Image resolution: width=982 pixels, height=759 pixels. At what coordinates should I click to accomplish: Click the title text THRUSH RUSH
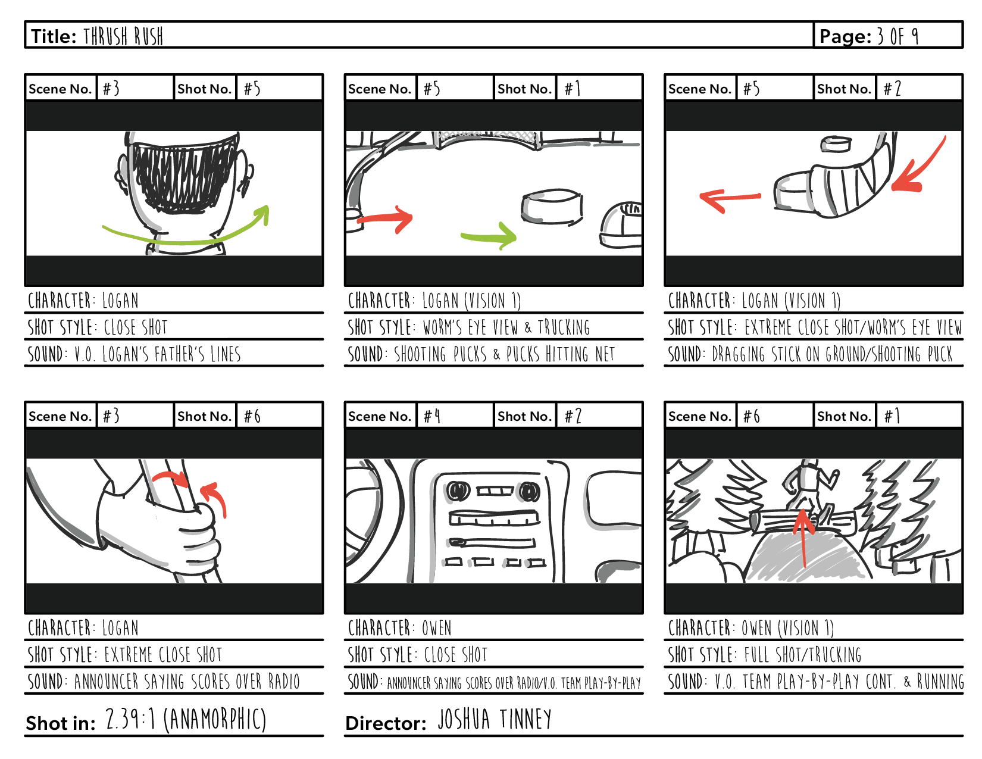123,36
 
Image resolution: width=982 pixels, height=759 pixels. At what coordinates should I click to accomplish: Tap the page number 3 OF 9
897,36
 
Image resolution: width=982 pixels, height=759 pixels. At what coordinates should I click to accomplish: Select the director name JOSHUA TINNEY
494,720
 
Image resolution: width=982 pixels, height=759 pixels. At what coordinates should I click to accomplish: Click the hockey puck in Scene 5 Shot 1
552,207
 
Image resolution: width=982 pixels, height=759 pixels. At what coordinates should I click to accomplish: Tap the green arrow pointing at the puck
490,236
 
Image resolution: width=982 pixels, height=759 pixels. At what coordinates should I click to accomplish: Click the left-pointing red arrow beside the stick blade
730,198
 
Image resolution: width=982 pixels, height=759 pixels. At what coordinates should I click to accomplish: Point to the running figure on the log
809,482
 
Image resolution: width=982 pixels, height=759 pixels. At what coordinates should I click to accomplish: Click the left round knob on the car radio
458,491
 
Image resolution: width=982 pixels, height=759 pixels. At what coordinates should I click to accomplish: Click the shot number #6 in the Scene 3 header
252,416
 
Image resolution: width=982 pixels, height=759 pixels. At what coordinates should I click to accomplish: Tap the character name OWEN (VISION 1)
787,628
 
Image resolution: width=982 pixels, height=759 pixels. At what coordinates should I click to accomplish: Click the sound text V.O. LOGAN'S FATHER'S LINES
157,355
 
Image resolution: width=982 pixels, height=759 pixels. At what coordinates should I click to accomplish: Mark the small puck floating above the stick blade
836,144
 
